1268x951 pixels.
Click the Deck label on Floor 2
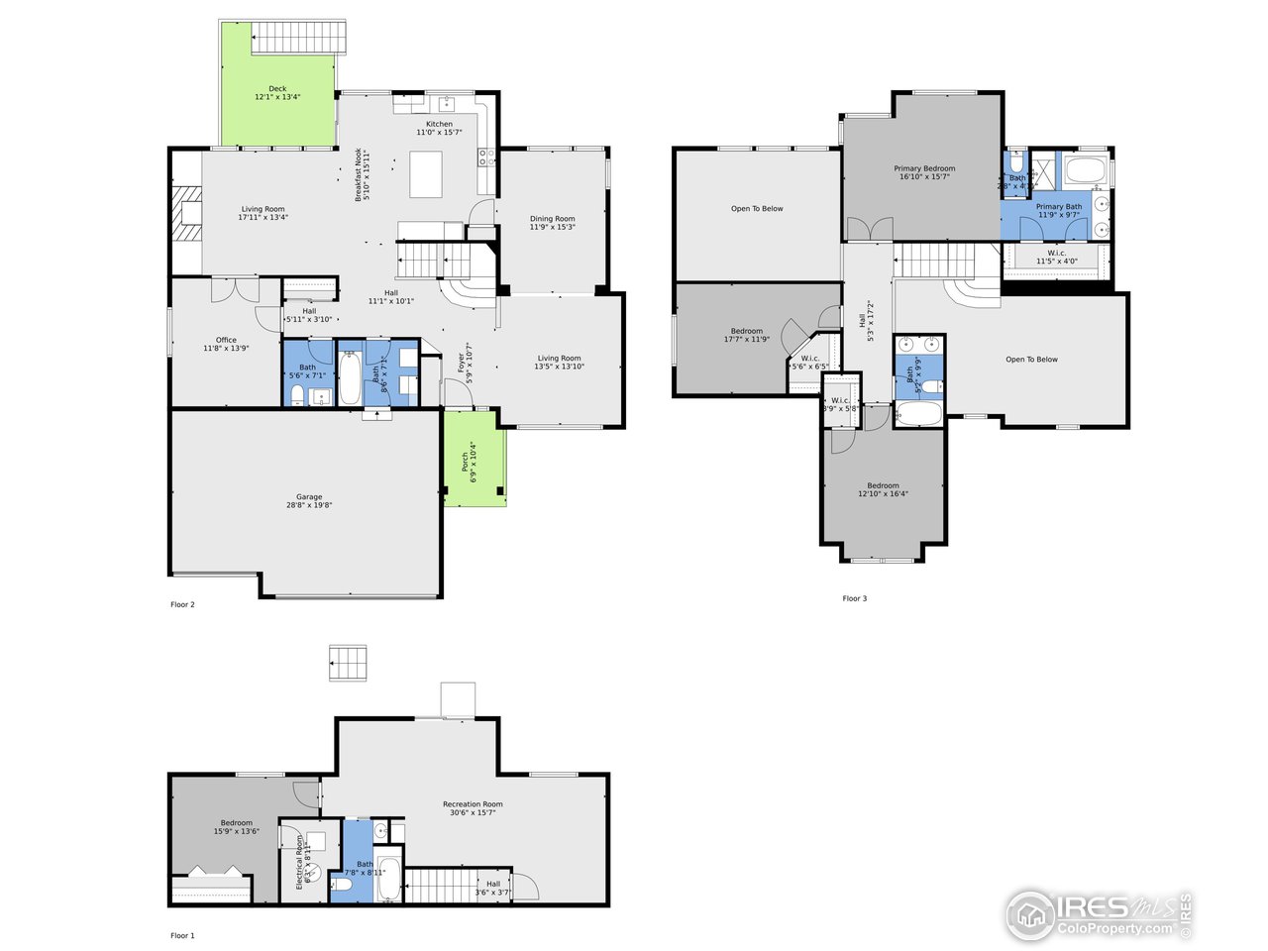tap(277, 89)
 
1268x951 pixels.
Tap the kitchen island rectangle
tap(426, 174)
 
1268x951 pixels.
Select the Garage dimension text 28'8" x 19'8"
tap(309, 505)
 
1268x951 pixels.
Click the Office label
tap(226, 340)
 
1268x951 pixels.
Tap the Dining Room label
tap(552, 219)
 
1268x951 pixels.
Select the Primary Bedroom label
tap(924, 168)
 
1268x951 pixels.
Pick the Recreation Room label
tap(473, 804)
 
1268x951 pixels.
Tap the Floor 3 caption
tap(854, 598)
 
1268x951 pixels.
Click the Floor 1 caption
tap(182, 935)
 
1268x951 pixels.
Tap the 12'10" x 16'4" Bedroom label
tap(883, 486)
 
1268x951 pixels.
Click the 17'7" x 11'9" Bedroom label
tap(747, 331)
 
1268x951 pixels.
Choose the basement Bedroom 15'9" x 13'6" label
tap(236, 823)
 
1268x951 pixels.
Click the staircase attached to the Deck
tap(299, 40)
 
